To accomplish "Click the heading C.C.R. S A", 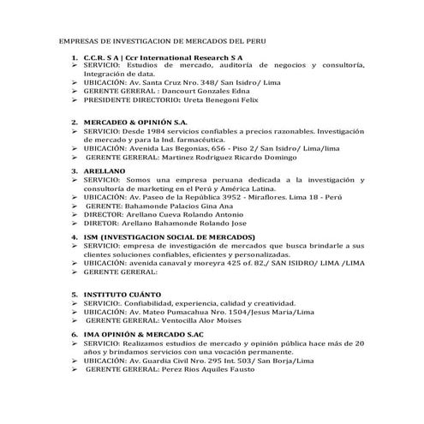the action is tap(99, 57).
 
